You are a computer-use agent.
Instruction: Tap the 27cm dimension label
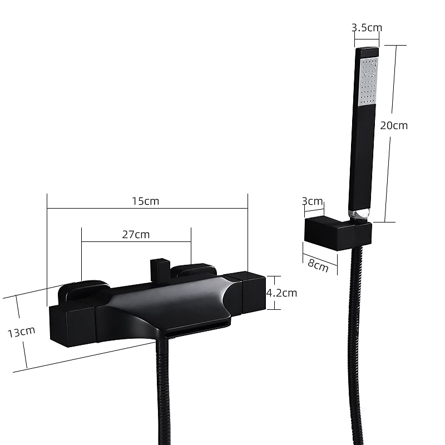click(136, 234)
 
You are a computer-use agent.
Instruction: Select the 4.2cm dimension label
click(281, 293)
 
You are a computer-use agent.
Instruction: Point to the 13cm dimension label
click(21, 332)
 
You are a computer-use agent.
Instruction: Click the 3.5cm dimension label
click(367, 27)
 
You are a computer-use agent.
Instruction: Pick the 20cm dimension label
click(394, 126)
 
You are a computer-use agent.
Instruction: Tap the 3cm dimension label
click(312, 201)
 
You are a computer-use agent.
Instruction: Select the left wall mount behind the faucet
click(83, 291)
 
